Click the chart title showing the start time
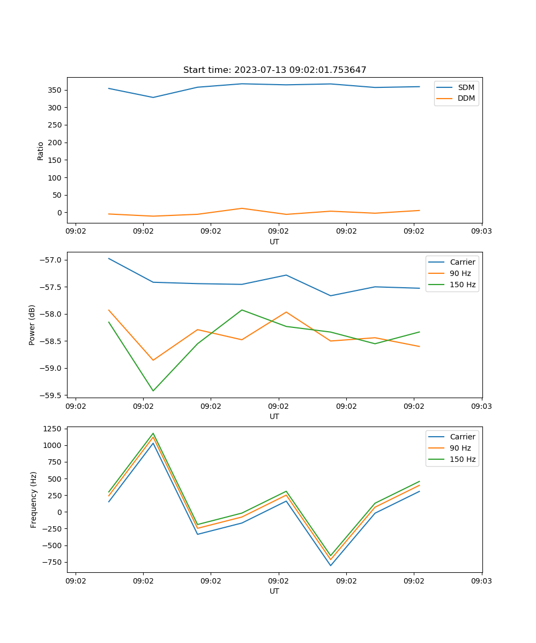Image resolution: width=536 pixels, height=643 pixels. [x=274, y=70]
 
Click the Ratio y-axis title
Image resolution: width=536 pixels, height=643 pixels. [x=41, y=151]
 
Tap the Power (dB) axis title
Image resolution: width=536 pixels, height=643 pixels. [x=32, y=325]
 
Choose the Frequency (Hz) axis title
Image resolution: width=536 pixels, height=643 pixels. [x=33, y=499]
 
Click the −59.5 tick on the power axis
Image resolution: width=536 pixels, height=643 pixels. [x=53, y=395]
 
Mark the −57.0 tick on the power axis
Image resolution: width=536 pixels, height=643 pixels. [x=53, y=260]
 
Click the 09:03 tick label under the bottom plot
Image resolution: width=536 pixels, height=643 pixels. [x=481, y=580]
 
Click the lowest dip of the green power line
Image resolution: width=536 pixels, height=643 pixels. [x=153, y=391]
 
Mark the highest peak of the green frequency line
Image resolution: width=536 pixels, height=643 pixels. [x=153, y=433]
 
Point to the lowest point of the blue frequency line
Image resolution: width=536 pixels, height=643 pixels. [x=331, y=565]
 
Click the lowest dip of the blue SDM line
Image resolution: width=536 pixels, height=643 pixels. [x=153, y=98]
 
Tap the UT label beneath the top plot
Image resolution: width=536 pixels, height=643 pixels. [x=274, y=242]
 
